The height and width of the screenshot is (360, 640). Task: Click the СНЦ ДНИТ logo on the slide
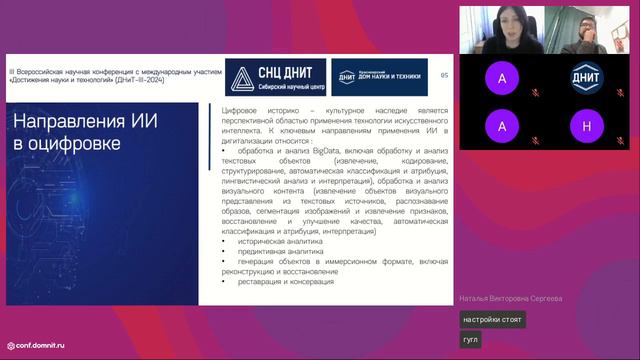pos(271,77)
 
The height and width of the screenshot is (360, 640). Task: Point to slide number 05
pos(445,74)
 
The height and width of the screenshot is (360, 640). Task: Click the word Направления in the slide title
pos(67,123)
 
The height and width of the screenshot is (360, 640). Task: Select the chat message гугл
pos(471,340)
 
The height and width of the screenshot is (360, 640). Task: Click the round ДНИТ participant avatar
pos(586,77)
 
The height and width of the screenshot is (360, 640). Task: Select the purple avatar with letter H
pos(586,126)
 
